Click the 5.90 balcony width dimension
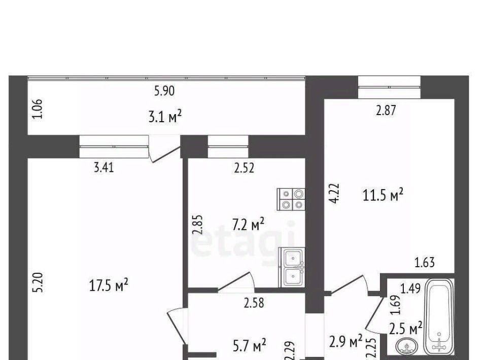point(164,91)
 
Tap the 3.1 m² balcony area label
point(165,117)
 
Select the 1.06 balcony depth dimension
point(37,109)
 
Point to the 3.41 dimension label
point(103,168)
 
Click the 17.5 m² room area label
point(109,285)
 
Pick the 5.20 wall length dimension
point(38,282)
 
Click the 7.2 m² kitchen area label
point(249,225)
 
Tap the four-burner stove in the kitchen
point(291,199)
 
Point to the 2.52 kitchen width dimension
point(244,168)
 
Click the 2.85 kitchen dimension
point(197,225)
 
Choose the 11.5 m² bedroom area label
point(383,195)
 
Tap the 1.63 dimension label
point(425,263)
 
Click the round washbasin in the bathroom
point(407,346)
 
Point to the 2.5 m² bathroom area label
point(406,329)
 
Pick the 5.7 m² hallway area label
point(250,345)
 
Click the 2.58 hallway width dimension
point(254,303)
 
